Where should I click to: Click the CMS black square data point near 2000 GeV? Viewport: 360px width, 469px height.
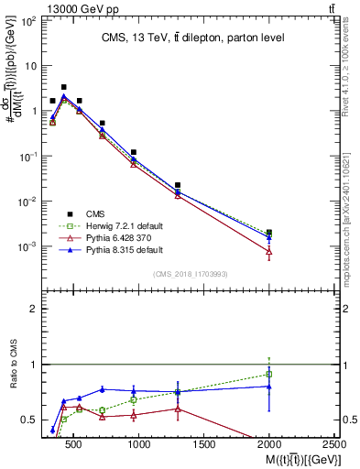(x=268, y=233)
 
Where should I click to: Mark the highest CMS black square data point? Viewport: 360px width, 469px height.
(x=63, y=87)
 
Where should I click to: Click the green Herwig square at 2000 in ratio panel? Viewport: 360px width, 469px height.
(x=268, y=374)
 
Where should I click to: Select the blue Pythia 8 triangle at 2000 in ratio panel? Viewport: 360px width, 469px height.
(x=268, y=386)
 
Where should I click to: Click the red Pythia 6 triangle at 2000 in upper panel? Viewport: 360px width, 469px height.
(x=268, y=251)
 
